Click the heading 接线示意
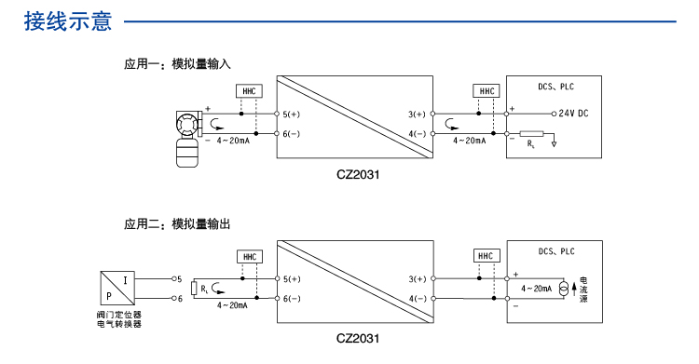click(x=68, y=20)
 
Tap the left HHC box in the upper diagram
click(x=248, y=91)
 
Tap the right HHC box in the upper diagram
click(x=486, y=91)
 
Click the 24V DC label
click(x=573, y=114)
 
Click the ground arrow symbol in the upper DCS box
click(x=554, y=142)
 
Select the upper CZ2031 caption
click(x=359, y=172)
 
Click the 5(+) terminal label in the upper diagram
click(x=293, y=115)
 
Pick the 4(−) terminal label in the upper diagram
click(x=416, y=134)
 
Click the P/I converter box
click(x=118, y=289)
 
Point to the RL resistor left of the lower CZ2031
click(x=194, y=289)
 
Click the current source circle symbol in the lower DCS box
click(x=563, y=289)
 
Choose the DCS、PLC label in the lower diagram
click(x=556, y=251)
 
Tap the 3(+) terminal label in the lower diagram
click(x=416, y=279)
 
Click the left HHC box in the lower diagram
click(x=248, y=256)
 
